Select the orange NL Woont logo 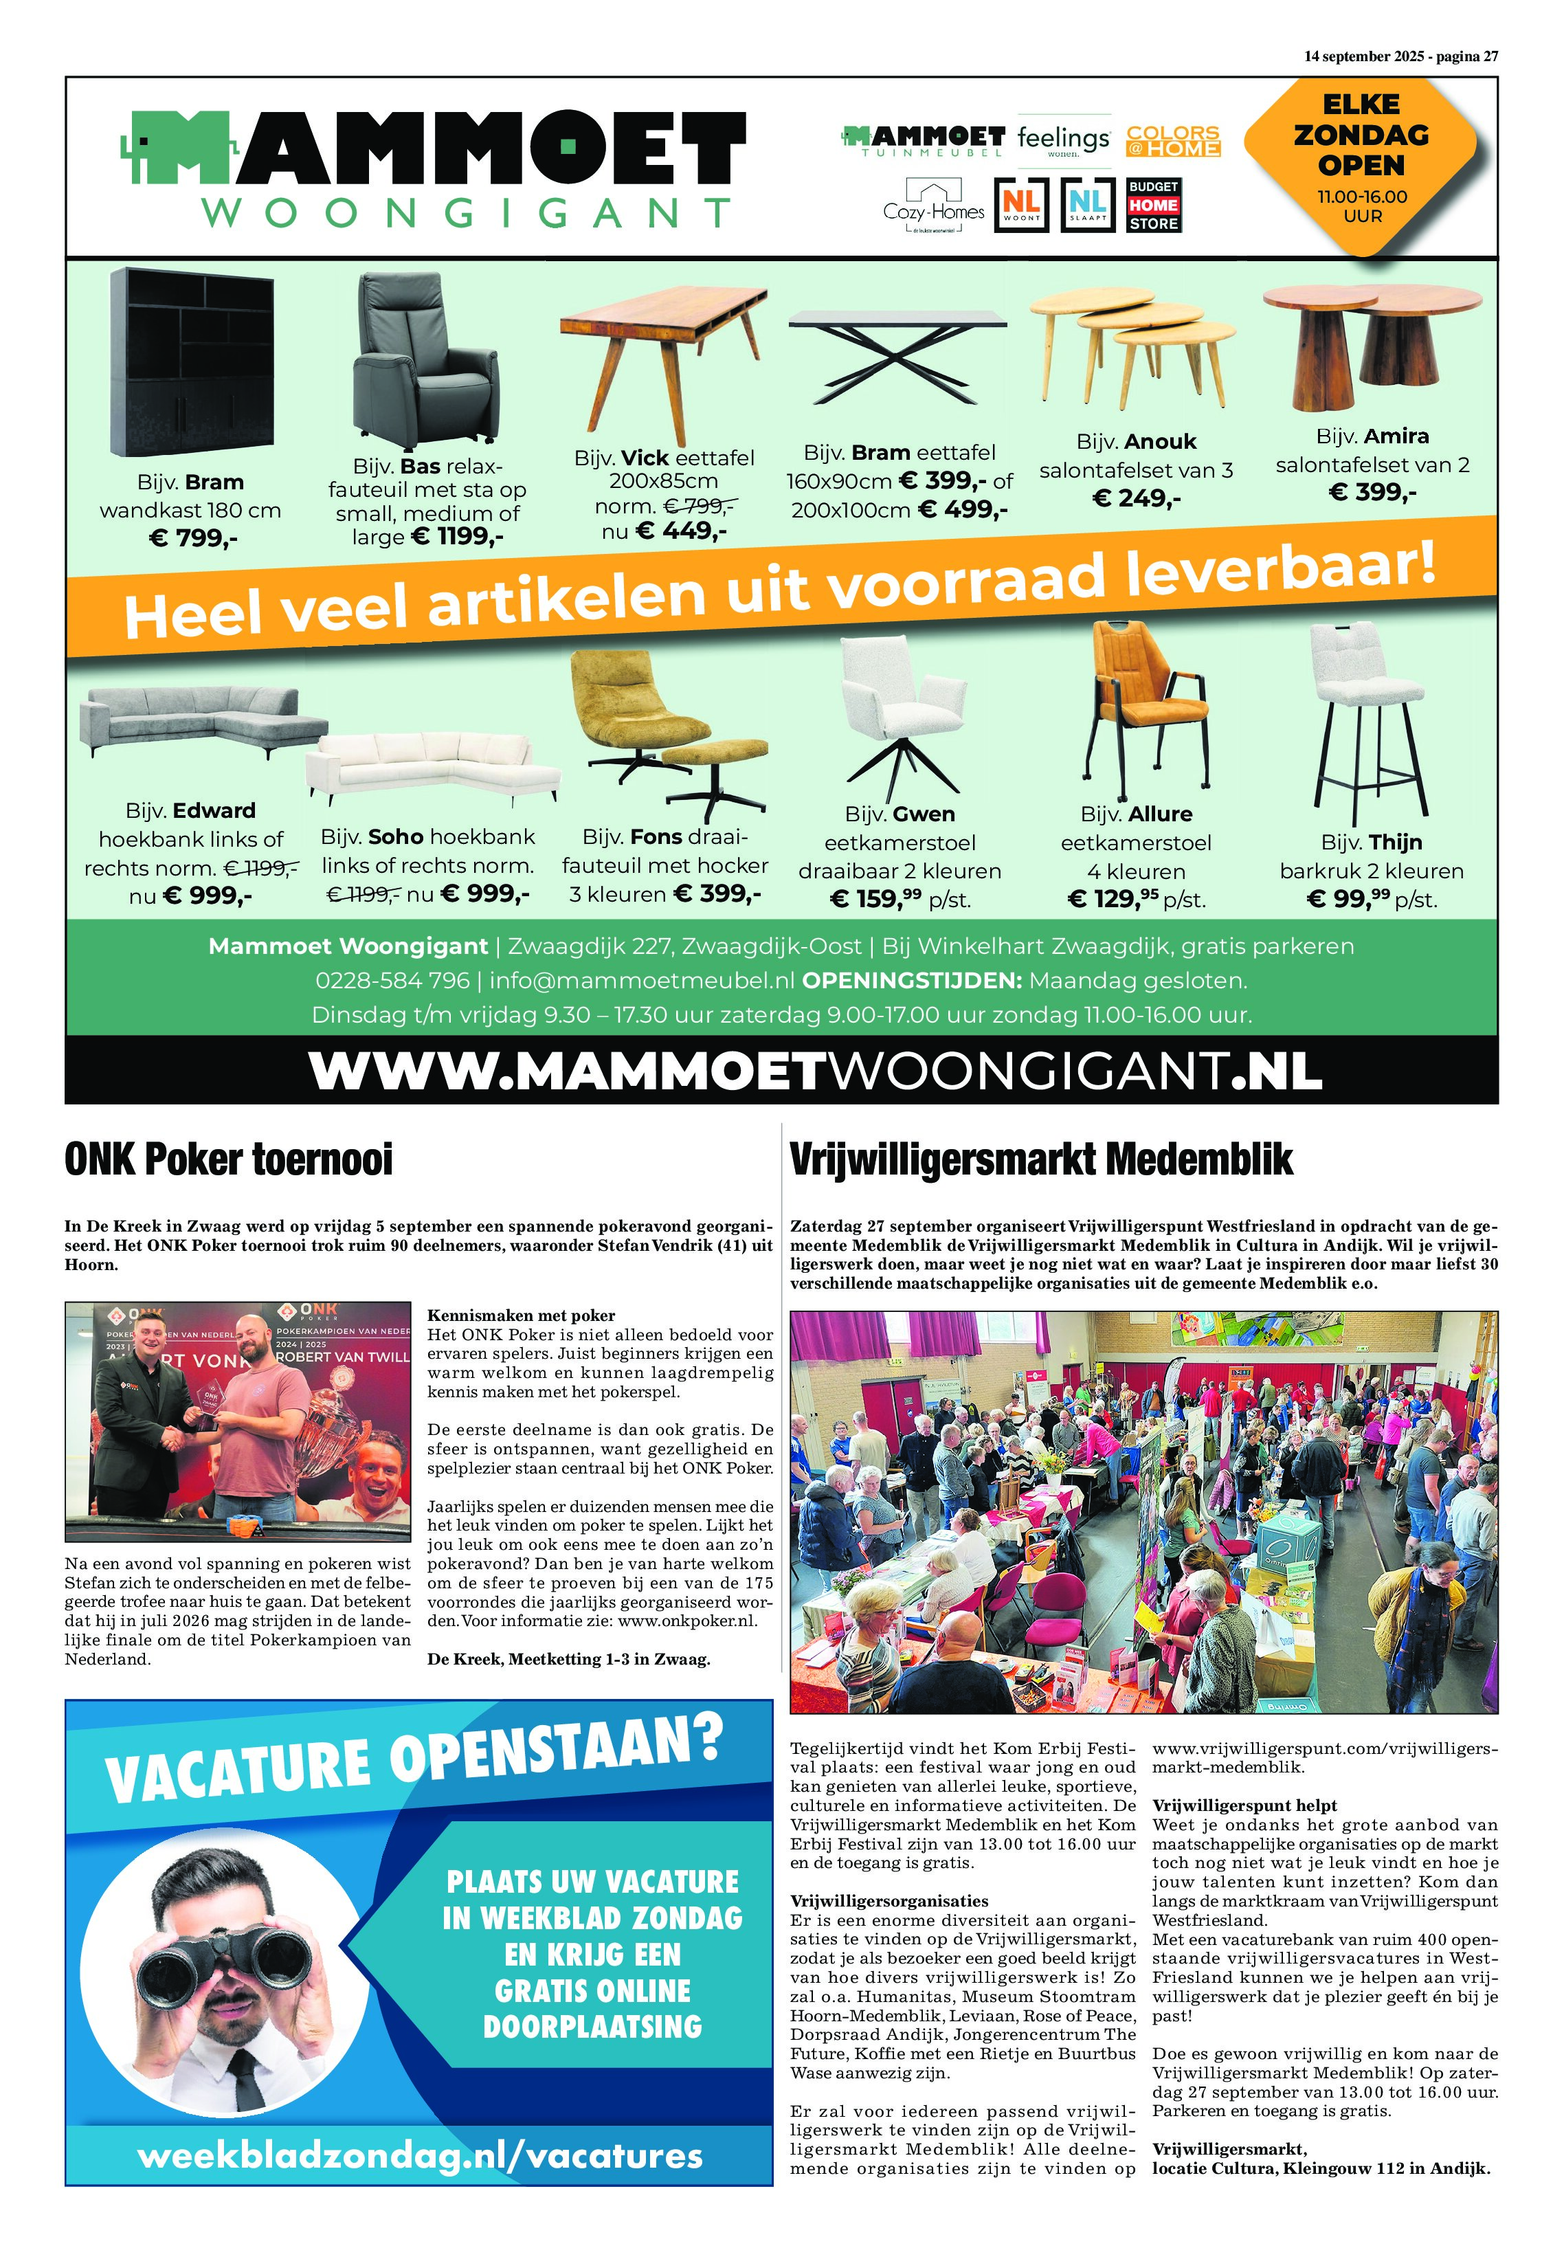pos(1021,205)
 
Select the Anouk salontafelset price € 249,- pos(1136,499)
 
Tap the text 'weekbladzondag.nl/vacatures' pos(420,2155)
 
